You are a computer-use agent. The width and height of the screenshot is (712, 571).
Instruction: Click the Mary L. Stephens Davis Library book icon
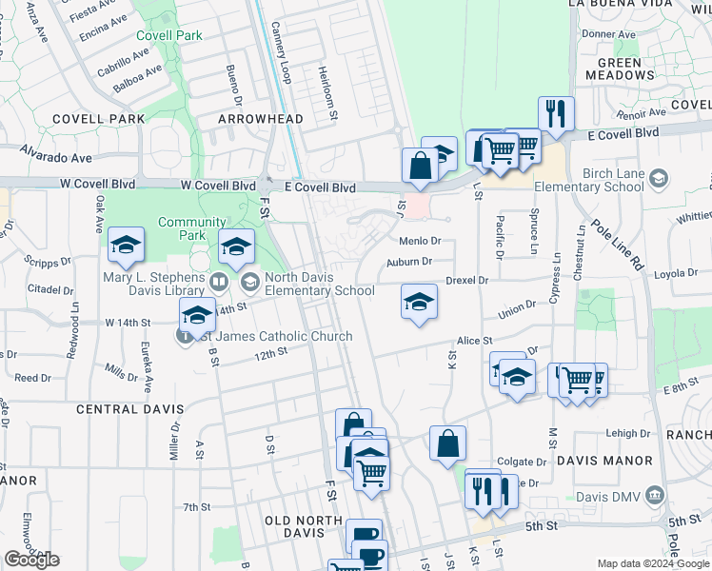[x=218, y=281]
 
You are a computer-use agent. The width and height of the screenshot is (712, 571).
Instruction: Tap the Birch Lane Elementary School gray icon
[x=657, y=177]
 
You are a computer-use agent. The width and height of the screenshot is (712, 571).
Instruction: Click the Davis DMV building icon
[x=654, y=495]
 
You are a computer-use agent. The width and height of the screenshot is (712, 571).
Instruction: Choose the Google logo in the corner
[x=31, y=560]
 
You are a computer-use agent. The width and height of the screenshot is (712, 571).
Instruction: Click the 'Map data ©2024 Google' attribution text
[x=653, y=563]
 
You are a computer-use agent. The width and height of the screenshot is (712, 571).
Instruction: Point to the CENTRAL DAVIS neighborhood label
[x=129, y=409]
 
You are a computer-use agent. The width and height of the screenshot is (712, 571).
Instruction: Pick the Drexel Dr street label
[x=466, y=281]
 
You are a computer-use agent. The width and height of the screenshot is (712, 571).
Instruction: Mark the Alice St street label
[x=474, y=341]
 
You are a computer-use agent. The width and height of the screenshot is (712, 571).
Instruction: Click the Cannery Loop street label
[x=282, y=53]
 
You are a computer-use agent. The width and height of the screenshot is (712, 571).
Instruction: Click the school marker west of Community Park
[x=126, y=246]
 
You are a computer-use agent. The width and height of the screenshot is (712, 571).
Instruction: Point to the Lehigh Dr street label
[x=628, y=433]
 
